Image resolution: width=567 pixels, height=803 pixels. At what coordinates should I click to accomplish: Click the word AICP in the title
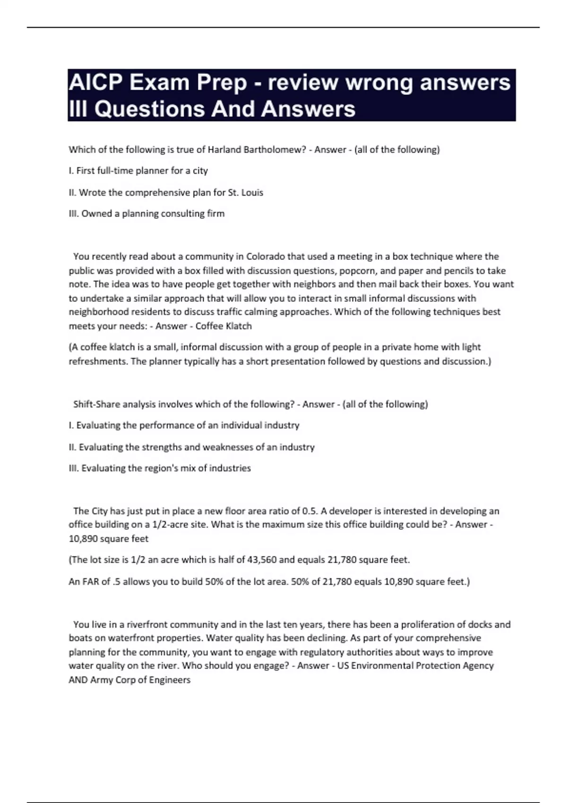coord(94,83)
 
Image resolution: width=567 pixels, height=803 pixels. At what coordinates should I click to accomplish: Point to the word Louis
coord(252,193)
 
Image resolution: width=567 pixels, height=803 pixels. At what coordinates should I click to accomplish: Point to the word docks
coord(478,624)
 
